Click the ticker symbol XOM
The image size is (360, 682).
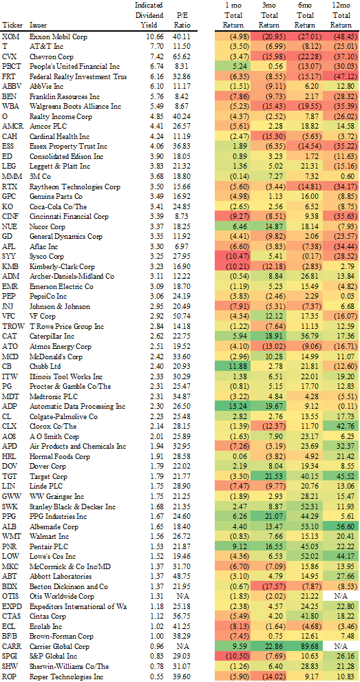10,36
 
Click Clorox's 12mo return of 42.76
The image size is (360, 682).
340,425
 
